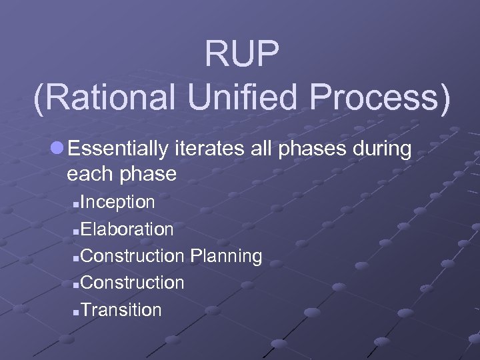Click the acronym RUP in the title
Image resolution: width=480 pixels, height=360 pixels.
(241, 53)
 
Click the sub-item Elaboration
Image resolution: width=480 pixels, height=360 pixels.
(129, 229)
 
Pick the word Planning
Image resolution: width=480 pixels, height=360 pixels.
(226, 257)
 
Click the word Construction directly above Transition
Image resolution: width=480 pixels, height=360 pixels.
(134, 283)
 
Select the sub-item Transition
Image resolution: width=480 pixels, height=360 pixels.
(123, 310)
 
